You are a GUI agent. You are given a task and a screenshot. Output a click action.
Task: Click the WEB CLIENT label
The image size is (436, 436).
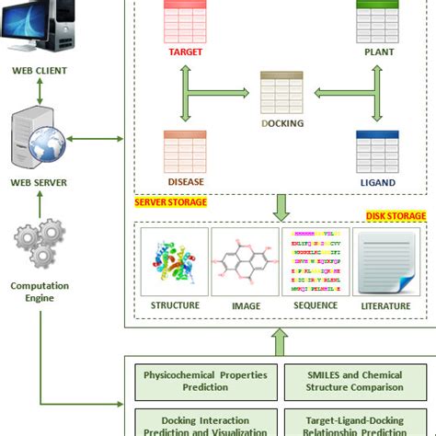(x=39, y=71)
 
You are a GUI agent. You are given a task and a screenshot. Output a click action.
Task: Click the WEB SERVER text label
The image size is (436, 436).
(x=40, y=182)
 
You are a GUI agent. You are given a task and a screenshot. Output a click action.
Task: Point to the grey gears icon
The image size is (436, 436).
(x=39, y=244)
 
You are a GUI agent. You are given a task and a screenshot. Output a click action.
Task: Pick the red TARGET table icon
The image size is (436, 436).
(x=185, y=20)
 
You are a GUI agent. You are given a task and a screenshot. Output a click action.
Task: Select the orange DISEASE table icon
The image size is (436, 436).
(x=185, y=150)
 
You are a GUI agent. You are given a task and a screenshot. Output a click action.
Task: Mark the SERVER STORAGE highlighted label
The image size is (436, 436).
(x=170, y=202)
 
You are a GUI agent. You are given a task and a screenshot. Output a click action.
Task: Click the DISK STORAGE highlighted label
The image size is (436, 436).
(x=396, y=216)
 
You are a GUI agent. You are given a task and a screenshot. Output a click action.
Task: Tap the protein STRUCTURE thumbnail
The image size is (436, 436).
(x=174, y=262)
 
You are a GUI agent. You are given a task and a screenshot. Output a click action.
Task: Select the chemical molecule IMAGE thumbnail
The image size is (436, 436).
(x=245, y=262)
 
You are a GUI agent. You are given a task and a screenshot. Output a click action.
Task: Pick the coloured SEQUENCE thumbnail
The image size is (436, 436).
(x=316, y=262)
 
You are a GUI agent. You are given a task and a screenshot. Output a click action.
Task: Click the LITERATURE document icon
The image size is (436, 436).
(x=386, y=262)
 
